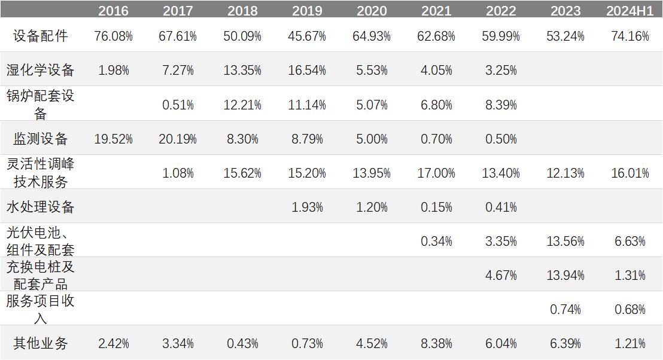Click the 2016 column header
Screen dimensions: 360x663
click(113, 11)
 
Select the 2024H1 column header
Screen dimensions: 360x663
click(629, 11)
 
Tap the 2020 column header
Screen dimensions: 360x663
click(371, 11)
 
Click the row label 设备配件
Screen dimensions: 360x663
click(41, 36)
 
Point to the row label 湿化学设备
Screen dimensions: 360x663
click(41, 70)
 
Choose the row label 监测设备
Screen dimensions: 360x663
click(41, 139)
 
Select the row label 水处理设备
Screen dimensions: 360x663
click(41, 208)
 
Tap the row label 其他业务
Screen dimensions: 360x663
click(41, 343)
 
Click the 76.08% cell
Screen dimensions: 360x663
click(113, 36)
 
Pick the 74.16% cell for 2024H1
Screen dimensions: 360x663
click(629, 36)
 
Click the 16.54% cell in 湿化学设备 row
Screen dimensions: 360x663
click(307, 71)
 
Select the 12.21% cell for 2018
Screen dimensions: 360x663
click(242, 105)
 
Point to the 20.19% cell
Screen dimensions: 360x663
click(178, 139)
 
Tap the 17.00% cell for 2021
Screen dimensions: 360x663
click(436, 173)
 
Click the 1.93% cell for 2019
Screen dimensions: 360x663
click(307, 208)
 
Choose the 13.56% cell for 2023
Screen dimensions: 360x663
click(565, 242)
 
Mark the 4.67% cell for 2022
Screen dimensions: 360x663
click(501, 276)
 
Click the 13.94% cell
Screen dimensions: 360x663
click(565, 276)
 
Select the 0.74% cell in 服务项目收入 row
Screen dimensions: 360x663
click(565, 310)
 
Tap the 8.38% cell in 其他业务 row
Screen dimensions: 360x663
click(436, 344)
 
